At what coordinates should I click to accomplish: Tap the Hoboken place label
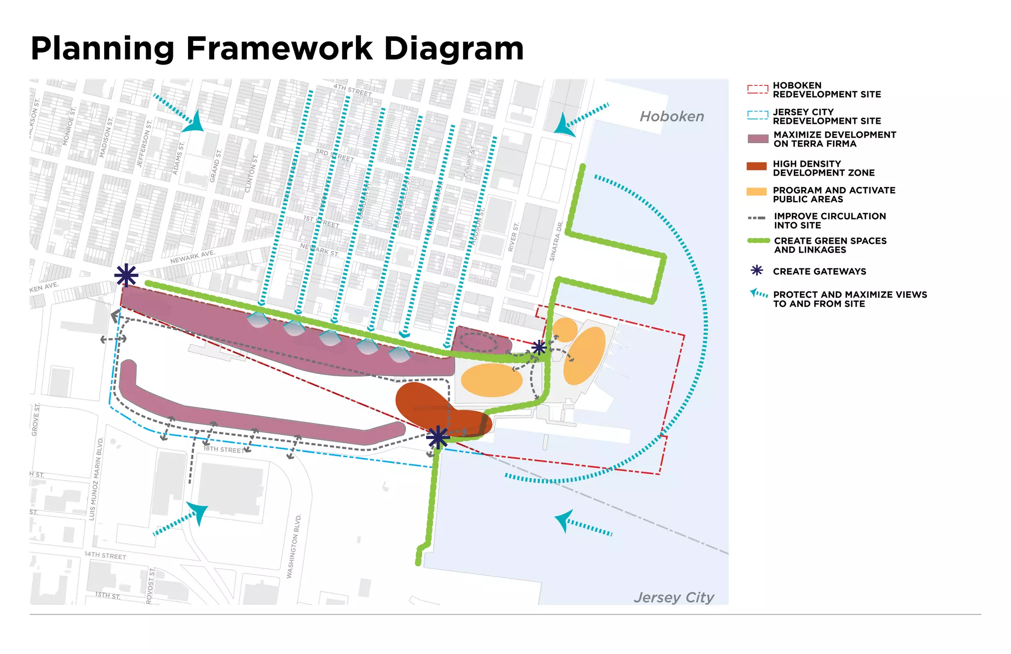(x=671, y=116)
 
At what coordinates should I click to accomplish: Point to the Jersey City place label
(x=674, y=597)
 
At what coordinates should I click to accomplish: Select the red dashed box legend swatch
(x=757, y=89)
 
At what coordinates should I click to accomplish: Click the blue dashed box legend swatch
(x=757, y=115)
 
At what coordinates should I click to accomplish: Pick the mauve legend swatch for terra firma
(x=758, y=139)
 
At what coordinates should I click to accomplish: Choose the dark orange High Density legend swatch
(x=757, y=166)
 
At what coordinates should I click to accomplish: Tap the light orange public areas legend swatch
(x=756, y=192)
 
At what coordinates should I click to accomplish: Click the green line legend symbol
(x=758, y=241)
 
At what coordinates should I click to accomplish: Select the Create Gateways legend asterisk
(x=757, y=270)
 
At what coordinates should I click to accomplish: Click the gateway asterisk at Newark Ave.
(x=126, y=275)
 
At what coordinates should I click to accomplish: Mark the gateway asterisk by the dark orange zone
(x=437, y=438)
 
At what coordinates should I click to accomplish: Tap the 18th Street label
(x=224, y=450)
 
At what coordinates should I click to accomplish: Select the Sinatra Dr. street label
(x=556, y=241)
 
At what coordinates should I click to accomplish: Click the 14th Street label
(x=105, y=555)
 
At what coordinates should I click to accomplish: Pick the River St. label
(x=513, y=237)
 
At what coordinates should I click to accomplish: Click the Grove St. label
(x=36, y=420)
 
